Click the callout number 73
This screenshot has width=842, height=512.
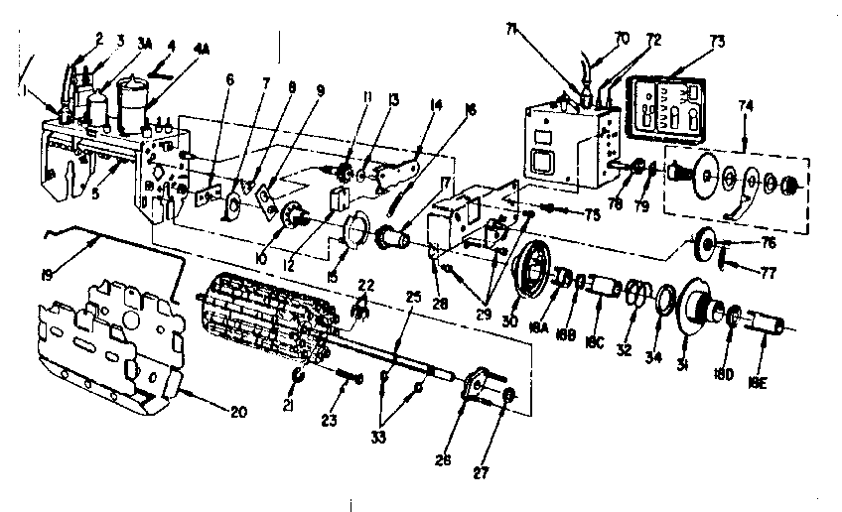(718, 42)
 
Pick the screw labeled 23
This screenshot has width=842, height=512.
(350, 378)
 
